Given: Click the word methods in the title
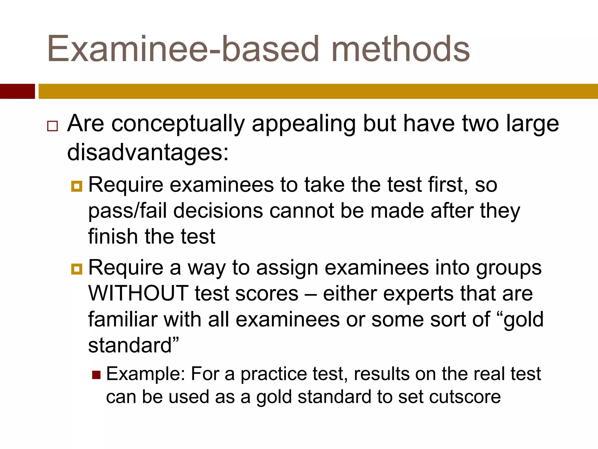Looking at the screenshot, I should [401, 49].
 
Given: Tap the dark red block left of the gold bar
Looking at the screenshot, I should [17, 91].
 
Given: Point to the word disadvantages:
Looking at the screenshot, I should [148, 153].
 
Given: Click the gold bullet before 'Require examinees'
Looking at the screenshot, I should [77, 186].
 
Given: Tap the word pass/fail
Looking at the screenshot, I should [127, 211].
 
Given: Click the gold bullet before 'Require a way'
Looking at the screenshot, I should [77, 269].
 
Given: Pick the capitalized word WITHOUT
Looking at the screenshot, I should [138, 293].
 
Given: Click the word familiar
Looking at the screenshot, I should [123, 320].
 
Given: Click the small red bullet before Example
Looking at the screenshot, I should [96, 375].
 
